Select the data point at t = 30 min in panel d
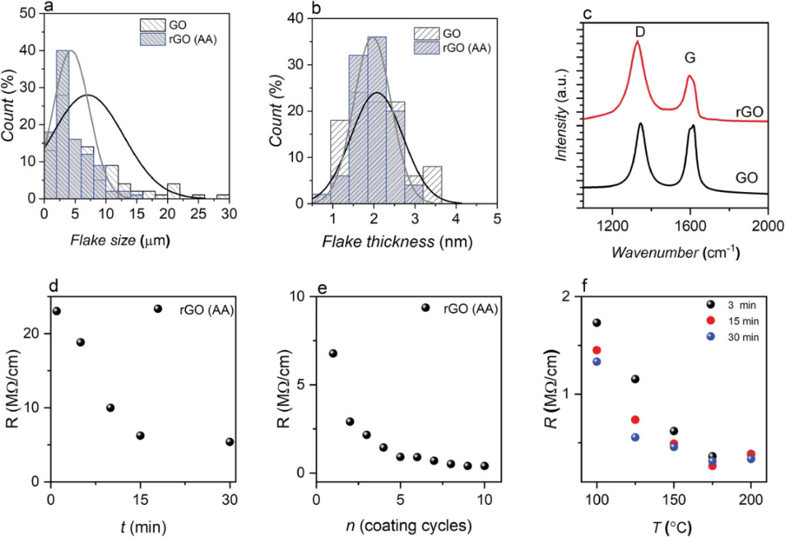(x=230, y=442)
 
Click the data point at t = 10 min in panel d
(x=110, y=407)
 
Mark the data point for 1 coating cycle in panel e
(x=333, y=354)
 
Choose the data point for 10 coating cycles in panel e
(x=484, y=466)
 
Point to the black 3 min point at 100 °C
(x=597, y=323)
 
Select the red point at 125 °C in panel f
(x=635, y=420)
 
